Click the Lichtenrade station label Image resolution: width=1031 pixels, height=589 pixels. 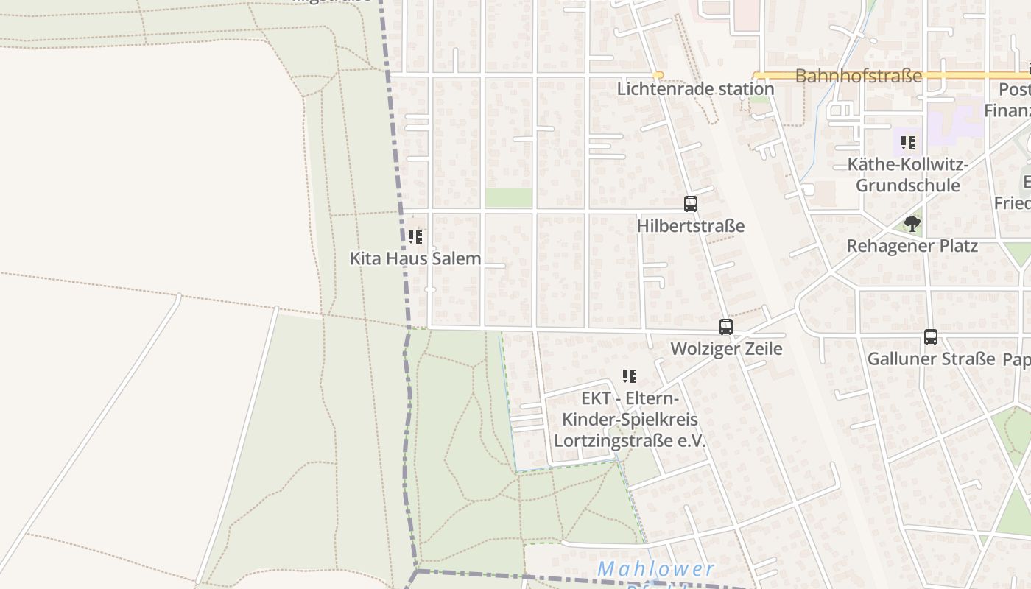[695, 89]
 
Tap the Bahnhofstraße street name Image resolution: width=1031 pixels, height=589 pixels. [858, 76]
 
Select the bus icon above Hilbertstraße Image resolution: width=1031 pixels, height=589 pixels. [690, 204]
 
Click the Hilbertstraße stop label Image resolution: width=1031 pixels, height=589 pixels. [690, 226]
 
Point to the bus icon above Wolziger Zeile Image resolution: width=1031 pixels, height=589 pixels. [726, 327]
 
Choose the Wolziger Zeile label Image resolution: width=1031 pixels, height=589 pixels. [726, 348]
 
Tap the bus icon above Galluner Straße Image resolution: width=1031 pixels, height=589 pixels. [931, 337]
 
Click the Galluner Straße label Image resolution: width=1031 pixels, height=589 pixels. [931, 359]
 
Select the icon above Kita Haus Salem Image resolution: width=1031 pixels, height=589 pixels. [415, 237]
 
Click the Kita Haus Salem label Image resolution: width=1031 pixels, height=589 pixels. [415, 258]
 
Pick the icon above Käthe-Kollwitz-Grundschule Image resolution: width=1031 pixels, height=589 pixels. [908, 143]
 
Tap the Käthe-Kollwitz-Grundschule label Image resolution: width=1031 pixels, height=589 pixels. [908, 174]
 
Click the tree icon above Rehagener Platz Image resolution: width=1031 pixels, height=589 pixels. [912, 223]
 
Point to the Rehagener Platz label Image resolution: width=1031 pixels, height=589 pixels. [912, 245]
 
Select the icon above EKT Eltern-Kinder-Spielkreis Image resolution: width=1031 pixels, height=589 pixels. [630, 377]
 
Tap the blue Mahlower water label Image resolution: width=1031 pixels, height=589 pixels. [655, 569]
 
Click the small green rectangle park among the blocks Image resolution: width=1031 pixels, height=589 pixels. [508, 198]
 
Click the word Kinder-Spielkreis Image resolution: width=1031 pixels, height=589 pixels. [630, 420]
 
